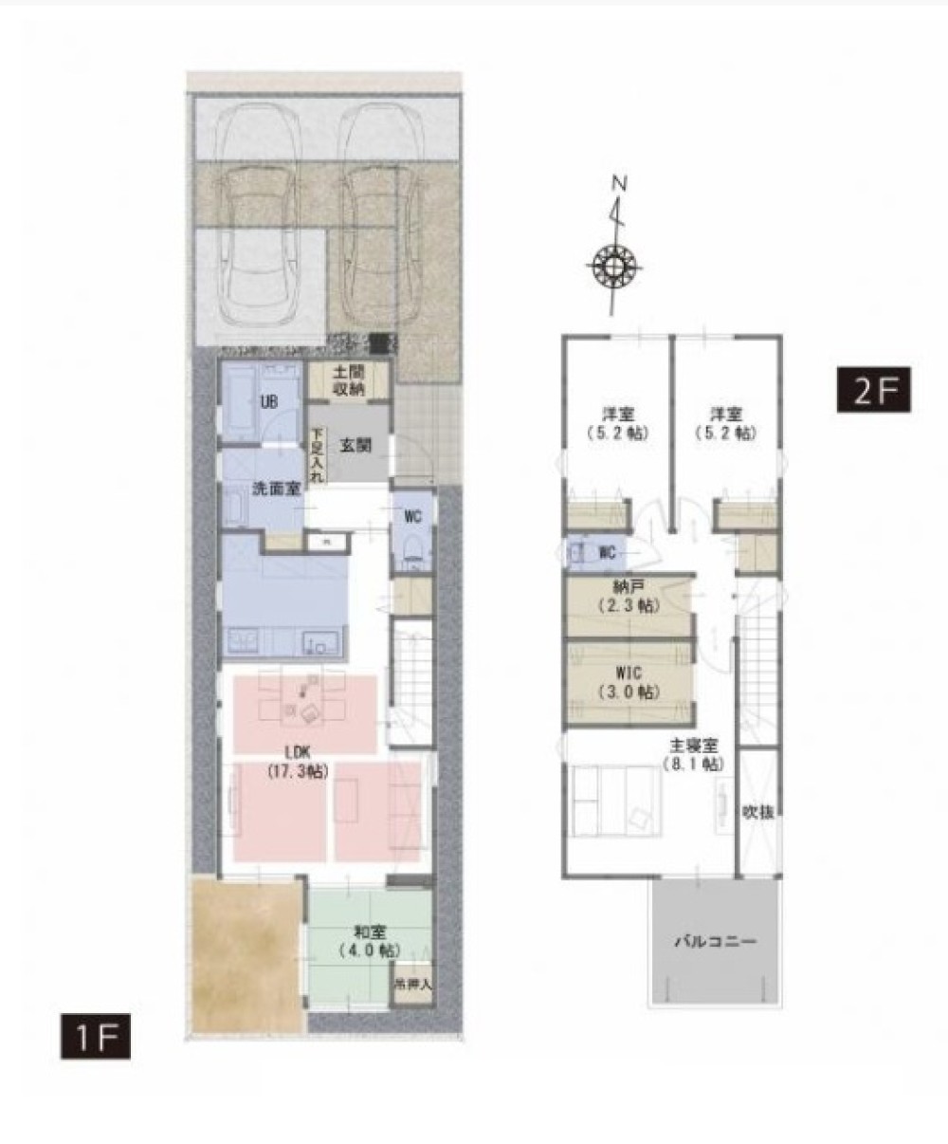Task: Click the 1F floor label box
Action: (x=95, y=1036)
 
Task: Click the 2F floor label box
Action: (x=873, y=390)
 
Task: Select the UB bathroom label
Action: (x=268, y=402)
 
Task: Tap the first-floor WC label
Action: (x=412, y=516)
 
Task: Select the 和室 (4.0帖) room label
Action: (x=368, y=940)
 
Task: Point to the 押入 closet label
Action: (x=413, y=983)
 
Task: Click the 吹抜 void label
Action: (x=759, y=812)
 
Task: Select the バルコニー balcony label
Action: (x=716, y=941)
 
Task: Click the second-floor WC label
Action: (x=608, y=551)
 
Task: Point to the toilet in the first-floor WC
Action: (x=412, y=551)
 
